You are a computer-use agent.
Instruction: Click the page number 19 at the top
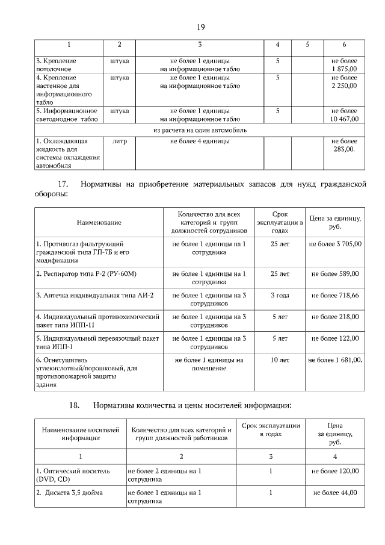[x=201, y=26]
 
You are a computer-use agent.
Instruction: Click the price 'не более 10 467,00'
[x=343, y=116]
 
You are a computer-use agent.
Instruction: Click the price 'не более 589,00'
[x=335, y=273]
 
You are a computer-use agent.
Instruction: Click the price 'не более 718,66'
[x=335, y=295]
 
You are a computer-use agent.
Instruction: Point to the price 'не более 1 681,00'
[x=335, y=360]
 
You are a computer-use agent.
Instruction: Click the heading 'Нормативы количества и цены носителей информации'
[x=192, y=405]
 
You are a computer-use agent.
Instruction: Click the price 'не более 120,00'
[x=335, y=470]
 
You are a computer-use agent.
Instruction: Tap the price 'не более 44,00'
[x=335, y=492]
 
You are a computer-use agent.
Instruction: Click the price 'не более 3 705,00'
[x=335, y=243]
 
